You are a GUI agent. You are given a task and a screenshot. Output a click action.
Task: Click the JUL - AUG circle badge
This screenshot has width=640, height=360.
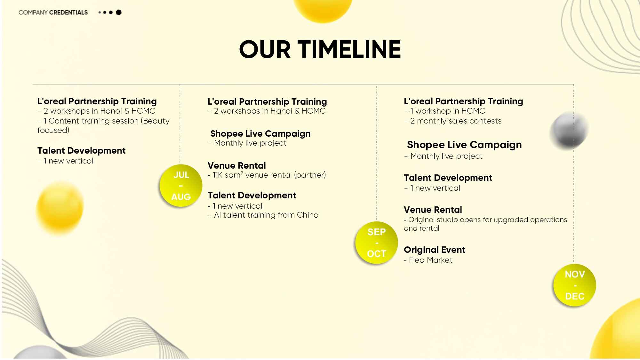pos(181,186)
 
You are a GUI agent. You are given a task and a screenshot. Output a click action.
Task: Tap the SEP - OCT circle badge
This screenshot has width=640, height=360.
pos(377,243)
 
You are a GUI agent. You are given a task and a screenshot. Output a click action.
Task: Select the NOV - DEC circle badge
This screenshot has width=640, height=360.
pos(575,285)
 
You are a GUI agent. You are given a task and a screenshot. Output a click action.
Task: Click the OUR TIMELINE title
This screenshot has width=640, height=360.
pos(320,49)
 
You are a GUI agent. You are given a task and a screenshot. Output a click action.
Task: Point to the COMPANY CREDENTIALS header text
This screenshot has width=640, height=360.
pos(53,12)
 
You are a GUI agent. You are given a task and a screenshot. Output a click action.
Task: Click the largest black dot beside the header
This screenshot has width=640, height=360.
pos(119,12)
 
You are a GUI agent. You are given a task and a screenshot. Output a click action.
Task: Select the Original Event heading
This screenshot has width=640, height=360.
pos(434,250)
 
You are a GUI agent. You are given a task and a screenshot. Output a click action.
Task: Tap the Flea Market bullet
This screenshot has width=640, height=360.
pos(428,260)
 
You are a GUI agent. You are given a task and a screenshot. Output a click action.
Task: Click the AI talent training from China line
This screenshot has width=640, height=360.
pos(263,215)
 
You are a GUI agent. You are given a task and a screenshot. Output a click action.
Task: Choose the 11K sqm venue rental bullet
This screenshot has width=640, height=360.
pos(267,175)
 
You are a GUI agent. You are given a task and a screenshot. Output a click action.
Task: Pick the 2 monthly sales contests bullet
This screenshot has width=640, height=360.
pos(453,121)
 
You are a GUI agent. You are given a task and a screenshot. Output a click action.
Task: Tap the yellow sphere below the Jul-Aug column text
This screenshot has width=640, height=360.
pos(60,208)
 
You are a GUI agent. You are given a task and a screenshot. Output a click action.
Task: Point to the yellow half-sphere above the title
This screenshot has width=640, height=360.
pos(323,10)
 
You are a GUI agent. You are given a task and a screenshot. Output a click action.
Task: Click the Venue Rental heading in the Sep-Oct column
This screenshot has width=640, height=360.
pos(237,165)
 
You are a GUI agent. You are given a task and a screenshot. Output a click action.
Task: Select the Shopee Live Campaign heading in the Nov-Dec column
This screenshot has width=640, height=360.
pos(464,145)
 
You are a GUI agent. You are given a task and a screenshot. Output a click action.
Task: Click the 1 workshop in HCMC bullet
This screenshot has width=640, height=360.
pos(445,111)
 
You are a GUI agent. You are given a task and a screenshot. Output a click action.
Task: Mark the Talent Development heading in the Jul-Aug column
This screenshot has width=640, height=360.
pos(81,150)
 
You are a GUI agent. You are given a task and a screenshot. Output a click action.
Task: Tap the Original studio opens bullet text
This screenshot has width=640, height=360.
pos(485,224)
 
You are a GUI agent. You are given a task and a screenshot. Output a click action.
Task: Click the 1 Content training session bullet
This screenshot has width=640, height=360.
pos(103,125)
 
